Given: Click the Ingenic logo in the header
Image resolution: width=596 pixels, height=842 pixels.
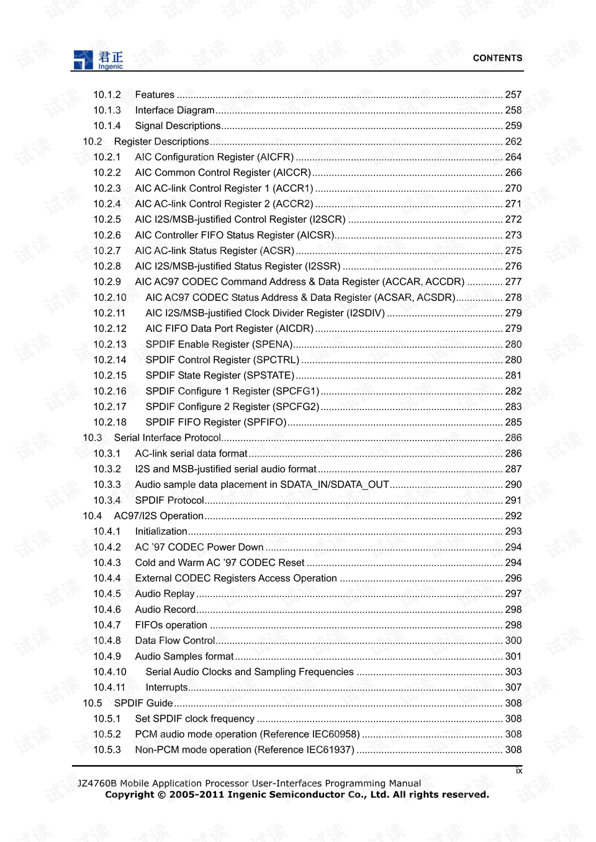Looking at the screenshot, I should pyautogui.click(x=98, y=60).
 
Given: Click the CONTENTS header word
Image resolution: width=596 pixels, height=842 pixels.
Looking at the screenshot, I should pyautogui.click(x=497, y=58).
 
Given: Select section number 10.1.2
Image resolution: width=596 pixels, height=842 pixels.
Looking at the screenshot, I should pyautogui.click(x=107, y=95).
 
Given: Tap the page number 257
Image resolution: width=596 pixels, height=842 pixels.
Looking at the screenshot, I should pyautogui.click(x=513, y=95).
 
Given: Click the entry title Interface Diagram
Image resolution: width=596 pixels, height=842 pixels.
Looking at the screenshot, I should pyautogui.click(x=174, y=110).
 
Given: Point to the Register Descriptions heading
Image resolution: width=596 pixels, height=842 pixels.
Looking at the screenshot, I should pyautogui.click(x=161, y=141).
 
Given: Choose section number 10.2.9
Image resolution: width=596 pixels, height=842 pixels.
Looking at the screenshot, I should pyautogui.click(x=107, y=282).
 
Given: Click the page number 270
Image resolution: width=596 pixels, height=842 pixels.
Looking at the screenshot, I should pyautogui.click(x=513, y=189).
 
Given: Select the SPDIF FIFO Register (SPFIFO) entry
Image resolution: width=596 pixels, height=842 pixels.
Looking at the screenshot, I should pyautogui.click(x=215, y=423).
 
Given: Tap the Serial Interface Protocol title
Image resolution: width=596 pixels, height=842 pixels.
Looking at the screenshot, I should pyautogui.click(x=167, y=438).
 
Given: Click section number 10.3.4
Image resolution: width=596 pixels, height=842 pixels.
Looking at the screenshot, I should pyautogui.click(x=107, y=501).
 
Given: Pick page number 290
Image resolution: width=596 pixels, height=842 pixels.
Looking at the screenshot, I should pyautogui.click(x=513, y=485).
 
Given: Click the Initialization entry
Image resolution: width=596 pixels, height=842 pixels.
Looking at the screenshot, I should pyautogui.click(x=161, y=532).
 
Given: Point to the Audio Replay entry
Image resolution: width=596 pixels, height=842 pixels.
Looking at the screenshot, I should pyautogui.click(x=165, y=594).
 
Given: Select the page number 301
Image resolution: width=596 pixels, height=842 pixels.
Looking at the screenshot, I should pyautogui.click(x=513, y=656).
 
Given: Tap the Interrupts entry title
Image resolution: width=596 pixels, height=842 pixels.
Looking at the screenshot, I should pyautogui.click(x=166, y=687).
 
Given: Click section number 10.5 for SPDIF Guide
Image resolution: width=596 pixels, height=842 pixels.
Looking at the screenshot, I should pyautogui.click(x=93, y=703).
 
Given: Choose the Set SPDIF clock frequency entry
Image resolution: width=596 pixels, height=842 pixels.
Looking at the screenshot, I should pyautogui.click(x=194, y=719).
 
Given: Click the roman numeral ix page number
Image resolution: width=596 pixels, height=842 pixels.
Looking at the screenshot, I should pyautogui.click(x=519, y=771).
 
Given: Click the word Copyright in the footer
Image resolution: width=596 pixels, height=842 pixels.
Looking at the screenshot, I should pyautogui.click(x=129, y=795).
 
